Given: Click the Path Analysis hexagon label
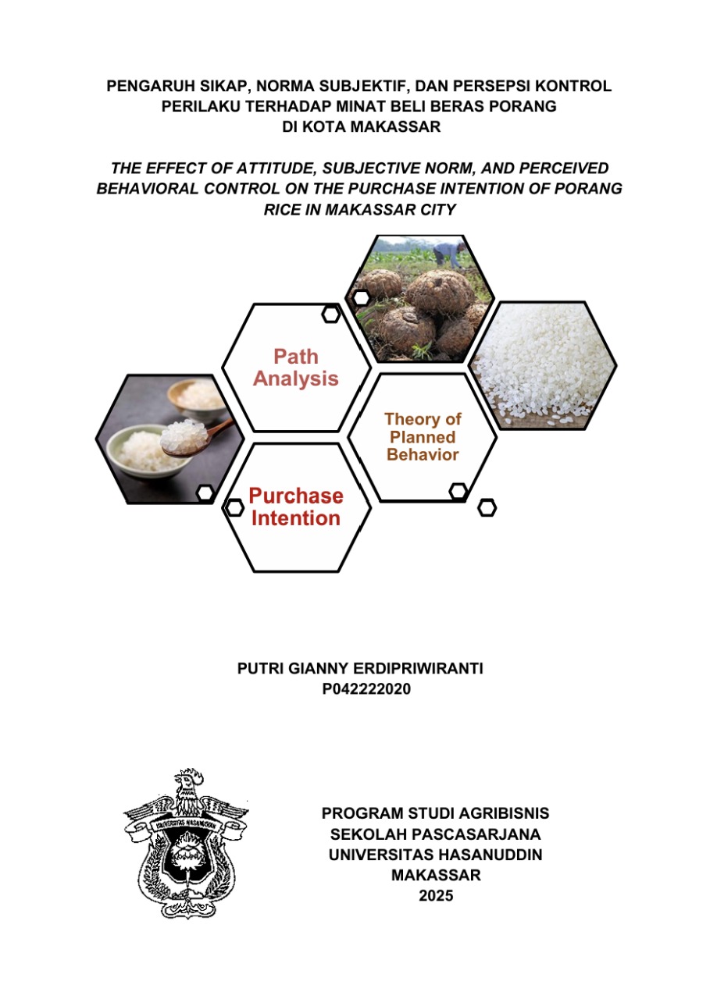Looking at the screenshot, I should pos(295,368).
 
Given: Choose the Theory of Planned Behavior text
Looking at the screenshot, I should pos(422,437).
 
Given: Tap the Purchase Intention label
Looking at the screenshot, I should pos(295,507).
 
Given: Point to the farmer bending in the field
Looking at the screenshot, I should pos(447,252).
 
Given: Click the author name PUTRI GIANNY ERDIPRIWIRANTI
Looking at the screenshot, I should pos(359,670).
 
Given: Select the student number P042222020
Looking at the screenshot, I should pos(359,690).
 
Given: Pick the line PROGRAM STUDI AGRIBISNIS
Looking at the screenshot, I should pos(435,813).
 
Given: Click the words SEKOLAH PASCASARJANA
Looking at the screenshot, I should pos(435,834).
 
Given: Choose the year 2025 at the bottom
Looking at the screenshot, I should pos(435,896).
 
